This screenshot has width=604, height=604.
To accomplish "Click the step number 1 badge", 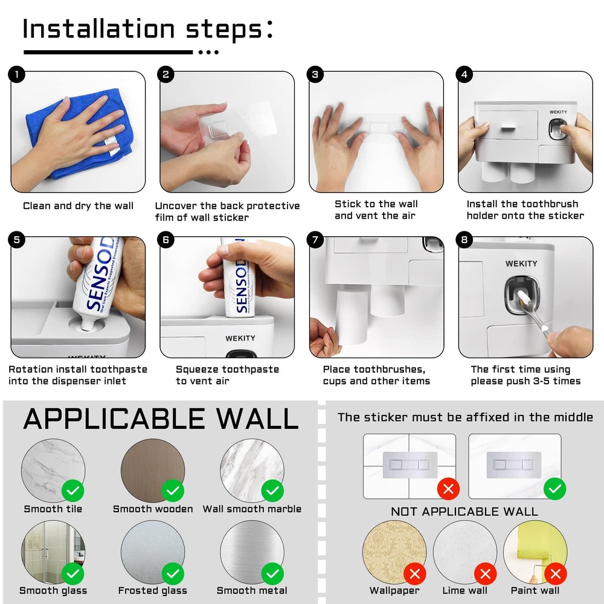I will coord(17,75).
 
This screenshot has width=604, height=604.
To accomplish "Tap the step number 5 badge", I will coord(17,240).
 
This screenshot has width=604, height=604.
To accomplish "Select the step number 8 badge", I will coord(464,240).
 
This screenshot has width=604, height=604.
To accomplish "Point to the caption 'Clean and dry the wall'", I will coord(78,206).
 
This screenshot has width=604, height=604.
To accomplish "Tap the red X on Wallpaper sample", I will coord(414,573).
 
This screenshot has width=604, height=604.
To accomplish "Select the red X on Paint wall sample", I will coord(556,573).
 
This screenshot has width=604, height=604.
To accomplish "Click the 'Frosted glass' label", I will coord(153,591).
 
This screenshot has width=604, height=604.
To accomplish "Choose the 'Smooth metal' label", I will coord(252,591).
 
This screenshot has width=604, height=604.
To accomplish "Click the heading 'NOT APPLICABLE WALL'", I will coord(464,512).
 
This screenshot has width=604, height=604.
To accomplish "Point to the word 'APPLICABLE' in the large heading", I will coord(115,419).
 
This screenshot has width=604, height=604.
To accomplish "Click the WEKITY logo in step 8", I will coord(521,263).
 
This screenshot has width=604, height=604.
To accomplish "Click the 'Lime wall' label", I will coord(465,591).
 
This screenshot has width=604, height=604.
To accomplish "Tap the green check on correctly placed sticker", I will coord(554,488).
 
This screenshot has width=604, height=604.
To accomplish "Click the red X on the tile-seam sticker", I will coord(448,488).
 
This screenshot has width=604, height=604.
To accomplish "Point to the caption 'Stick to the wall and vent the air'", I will coord(376,210).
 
